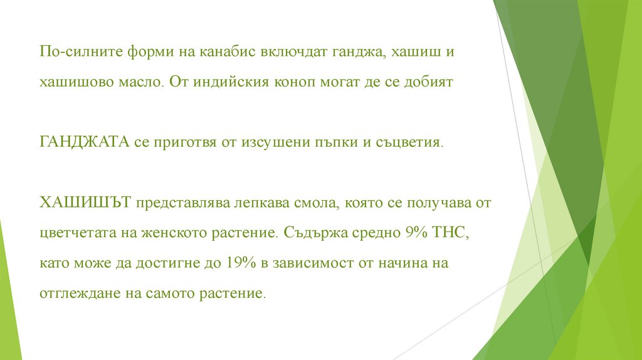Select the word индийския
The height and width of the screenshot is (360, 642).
(224, 82)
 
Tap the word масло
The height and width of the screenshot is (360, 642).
(140, 82)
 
